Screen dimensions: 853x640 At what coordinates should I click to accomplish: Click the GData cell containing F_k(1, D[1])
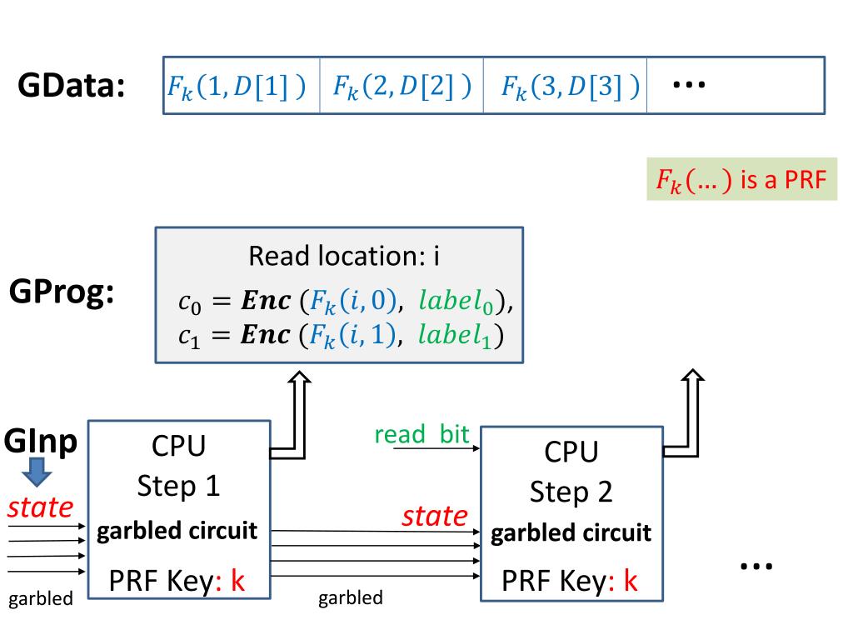[242, 86]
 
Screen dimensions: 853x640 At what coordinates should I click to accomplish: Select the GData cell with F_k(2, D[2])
[402, 86]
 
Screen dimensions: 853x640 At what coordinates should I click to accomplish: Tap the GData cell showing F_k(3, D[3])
[566, 86]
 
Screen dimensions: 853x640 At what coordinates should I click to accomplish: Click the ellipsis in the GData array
[689, 84]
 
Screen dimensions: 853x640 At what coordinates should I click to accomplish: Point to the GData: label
[72, 86]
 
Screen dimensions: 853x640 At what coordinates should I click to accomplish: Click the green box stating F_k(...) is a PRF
[741, 179]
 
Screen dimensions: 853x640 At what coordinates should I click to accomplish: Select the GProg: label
[62, 292]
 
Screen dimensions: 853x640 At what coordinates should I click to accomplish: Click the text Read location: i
[344, 256]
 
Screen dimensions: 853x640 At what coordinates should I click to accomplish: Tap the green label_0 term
[456, 301]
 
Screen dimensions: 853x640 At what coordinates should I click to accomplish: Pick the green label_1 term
[455, 335]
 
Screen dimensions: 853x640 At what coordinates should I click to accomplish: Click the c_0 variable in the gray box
[189, 302]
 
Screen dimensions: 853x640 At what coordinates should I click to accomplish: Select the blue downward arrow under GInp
[37, 472]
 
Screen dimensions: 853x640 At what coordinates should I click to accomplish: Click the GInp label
[40, 441]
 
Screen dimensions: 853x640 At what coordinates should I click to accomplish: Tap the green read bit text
[422, 434]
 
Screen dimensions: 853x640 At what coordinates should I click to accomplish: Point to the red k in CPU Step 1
[237, 580]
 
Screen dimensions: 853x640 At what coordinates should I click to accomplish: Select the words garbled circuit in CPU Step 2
[571, 532]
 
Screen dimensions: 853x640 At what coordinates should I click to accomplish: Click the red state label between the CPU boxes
[435, 515]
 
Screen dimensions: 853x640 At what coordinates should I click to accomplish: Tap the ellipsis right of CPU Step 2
[756, 567]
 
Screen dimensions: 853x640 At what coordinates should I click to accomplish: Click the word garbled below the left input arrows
[41, 598]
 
